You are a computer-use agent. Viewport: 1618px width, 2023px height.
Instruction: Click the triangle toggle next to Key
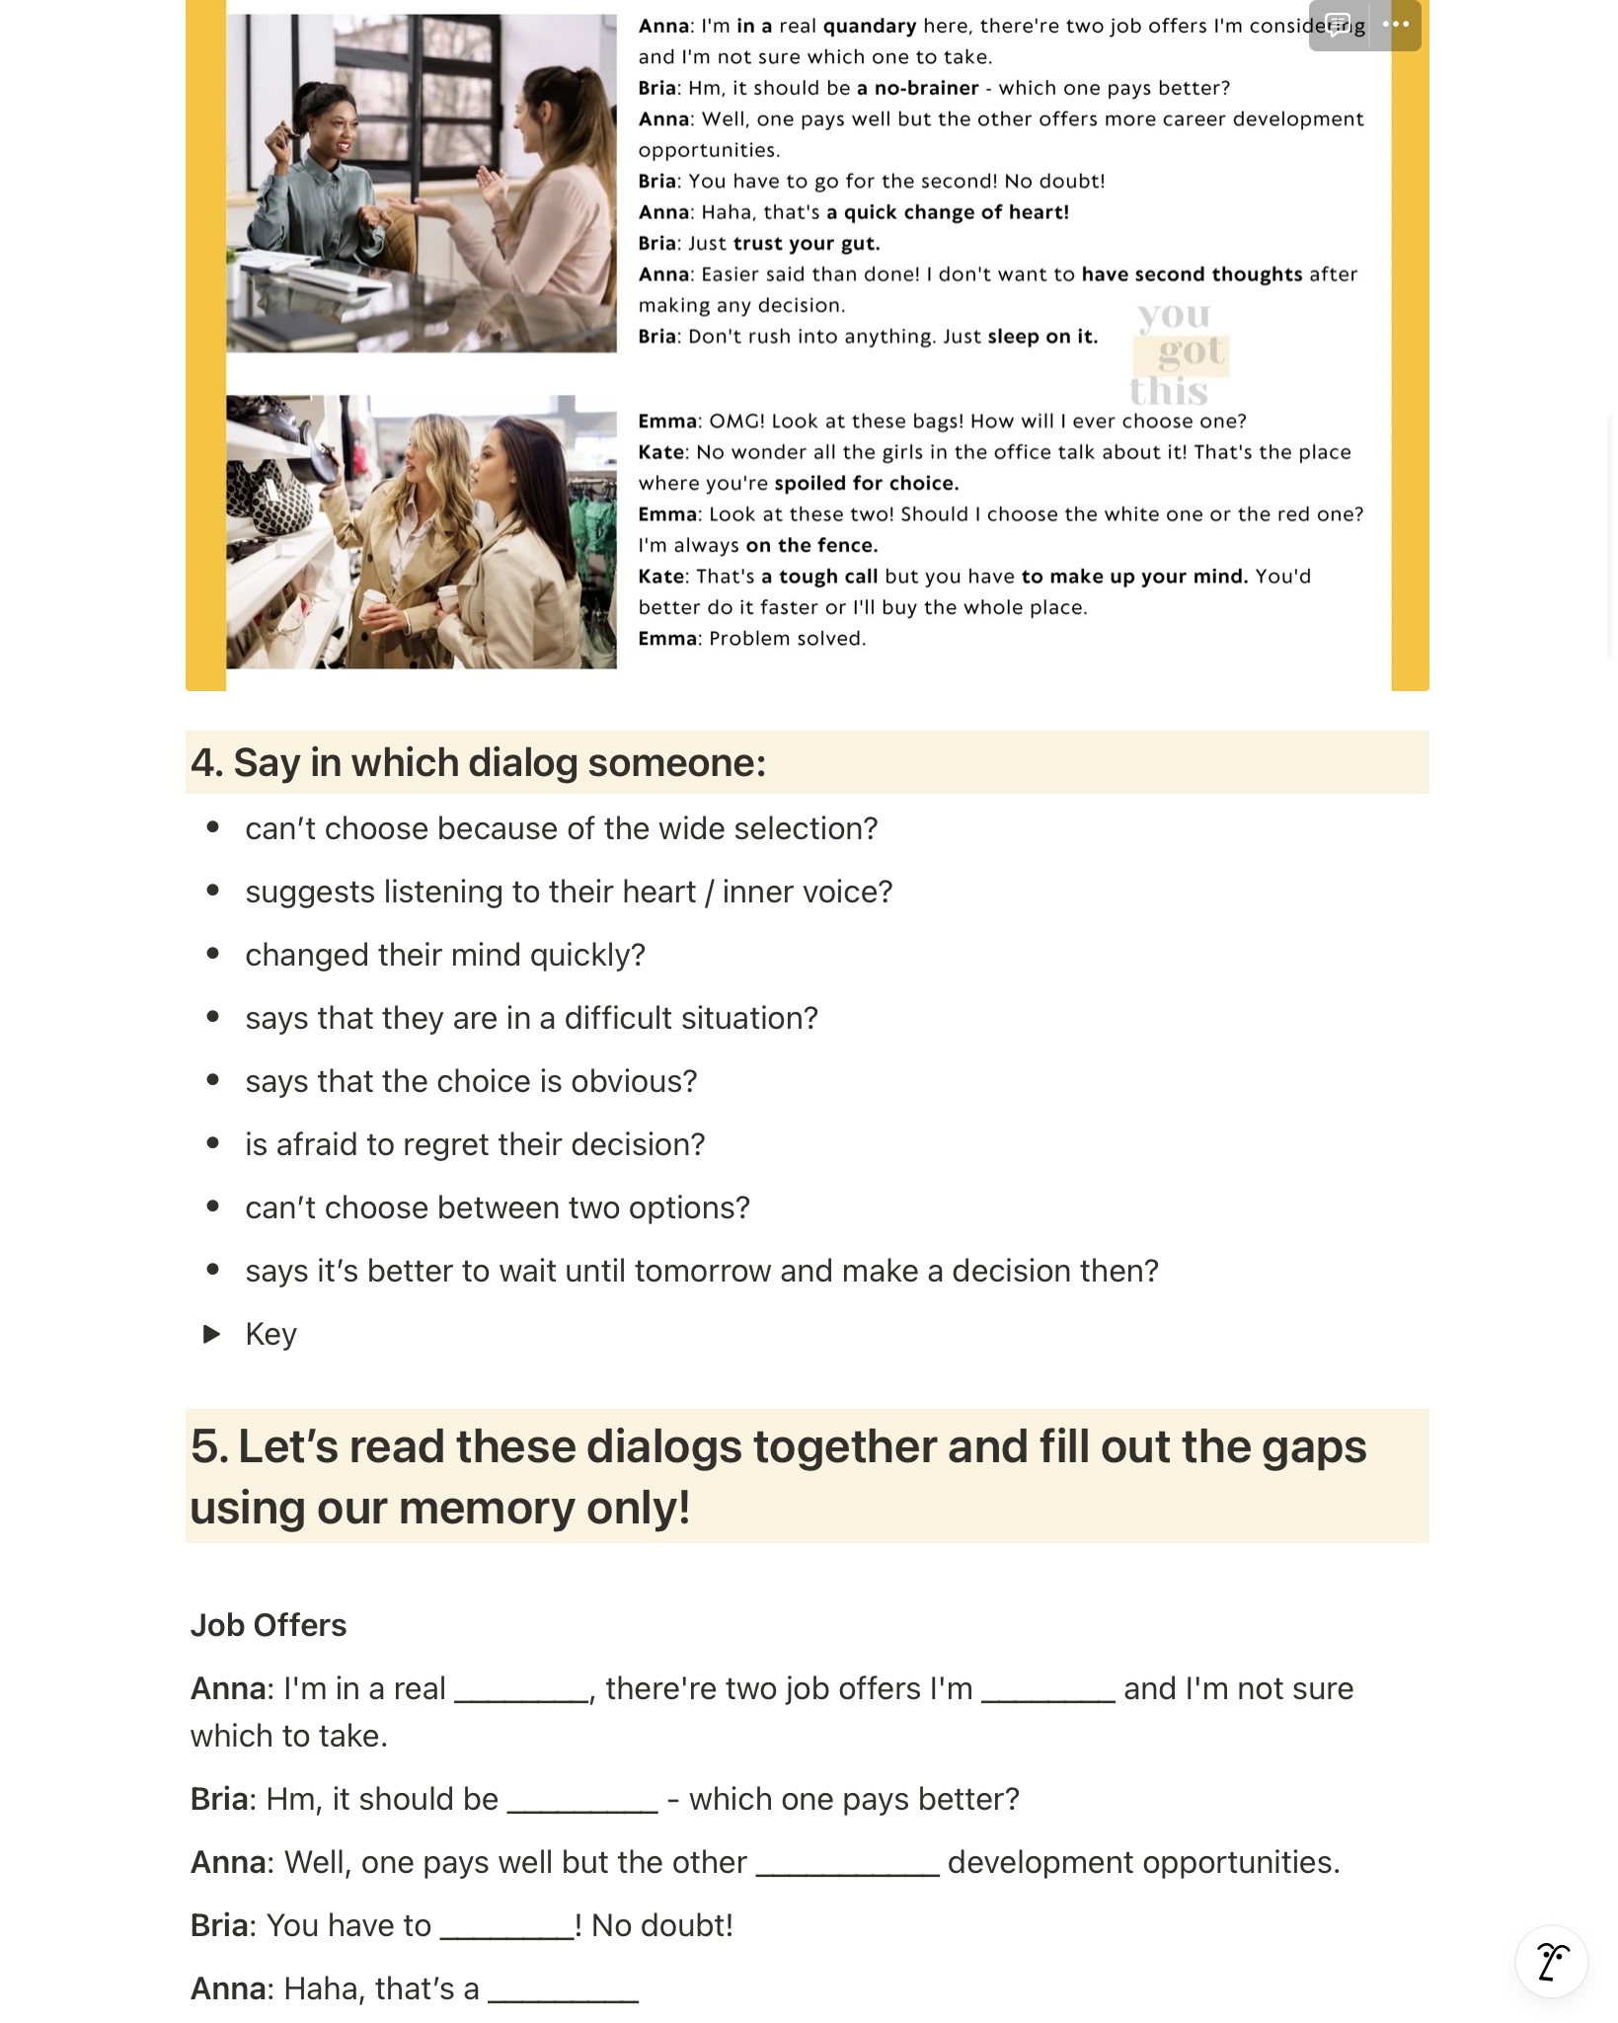(x=211, y=1334)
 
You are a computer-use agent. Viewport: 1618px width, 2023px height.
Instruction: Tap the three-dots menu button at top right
(x=1396, y=25)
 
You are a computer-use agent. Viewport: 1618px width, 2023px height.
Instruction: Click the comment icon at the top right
(x=1339, y=25)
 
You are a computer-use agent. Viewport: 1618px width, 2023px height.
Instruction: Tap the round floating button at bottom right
(x=1551, y=1961)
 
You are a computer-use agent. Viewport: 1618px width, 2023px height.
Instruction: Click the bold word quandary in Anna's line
(x=870, y=26)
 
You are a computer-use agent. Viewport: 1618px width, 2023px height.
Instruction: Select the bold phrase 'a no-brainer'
(x=917, y=88)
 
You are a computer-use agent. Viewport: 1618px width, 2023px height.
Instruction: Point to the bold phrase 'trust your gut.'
(x=807, y=243)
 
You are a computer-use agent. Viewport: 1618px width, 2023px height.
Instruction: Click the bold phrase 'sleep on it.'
(x=1042, y=337)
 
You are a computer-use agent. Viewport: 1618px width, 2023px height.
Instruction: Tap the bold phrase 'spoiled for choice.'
(x=866, y=483)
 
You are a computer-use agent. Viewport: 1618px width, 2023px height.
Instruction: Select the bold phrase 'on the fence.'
(x=811, y=545)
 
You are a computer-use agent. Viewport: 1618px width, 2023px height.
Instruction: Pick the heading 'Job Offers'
(x=269, y=1625)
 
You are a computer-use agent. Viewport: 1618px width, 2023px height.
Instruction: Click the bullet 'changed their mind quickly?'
(x=445, y=955)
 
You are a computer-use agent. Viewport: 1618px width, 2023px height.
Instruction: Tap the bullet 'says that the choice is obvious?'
(x=471, y=1081)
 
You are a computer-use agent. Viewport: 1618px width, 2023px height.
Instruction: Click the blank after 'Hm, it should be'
(x=582, y=1801)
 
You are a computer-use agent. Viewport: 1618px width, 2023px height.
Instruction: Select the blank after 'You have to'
(x=507, y=1927)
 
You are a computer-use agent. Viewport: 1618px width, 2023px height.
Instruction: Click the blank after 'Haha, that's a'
(x=564, y=1990)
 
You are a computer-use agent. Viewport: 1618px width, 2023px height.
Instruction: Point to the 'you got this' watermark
(x=1179, y=352)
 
